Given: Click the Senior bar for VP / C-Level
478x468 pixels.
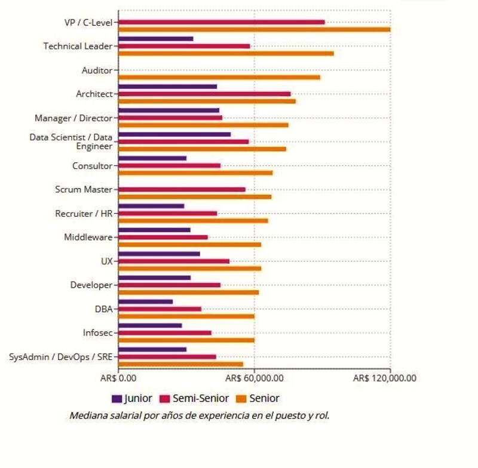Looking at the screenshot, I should click(x=254, y=29).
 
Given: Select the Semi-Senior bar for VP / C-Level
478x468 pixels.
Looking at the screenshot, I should click(x=221, y=22).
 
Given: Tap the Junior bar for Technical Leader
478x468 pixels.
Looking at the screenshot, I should click(x=155, y=39).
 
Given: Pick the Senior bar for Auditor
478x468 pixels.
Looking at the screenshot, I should click(x=219, y=77).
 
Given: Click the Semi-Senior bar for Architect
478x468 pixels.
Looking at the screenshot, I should click(x=204, y=94).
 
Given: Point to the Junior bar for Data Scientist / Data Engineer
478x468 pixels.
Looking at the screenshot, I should click(x=174, y=134).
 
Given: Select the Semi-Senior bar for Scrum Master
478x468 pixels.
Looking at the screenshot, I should click(x=182, y=189).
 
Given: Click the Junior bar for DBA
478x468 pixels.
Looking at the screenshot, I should click(x=145, y=301).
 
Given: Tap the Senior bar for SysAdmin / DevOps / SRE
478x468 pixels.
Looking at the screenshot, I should click(x=180, y=364).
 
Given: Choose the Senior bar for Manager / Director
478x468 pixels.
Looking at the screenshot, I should click(x=203, y=125).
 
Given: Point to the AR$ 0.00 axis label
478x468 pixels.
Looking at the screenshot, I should click(x=118, y=378).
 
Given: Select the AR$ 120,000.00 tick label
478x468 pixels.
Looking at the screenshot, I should click(x=385, y=378).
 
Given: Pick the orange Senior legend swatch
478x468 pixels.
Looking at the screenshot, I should click(x=241, y=398).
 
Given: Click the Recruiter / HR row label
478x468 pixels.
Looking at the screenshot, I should click(x=83, y=213).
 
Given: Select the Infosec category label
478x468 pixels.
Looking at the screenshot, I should click(x=97, y=332).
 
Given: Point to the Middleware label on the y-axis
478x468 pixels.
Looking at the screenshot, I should click(x=88, y=237).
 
